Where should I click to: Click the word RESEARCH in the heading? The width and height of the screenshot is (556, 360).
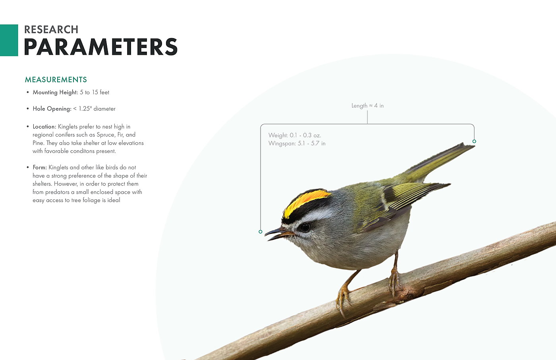pos(51,29)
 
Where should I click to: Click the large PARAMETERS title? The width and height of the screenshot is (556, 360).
pos(101,46)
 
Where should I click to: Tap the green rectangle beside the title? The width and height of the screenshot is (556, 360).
pos(9,40)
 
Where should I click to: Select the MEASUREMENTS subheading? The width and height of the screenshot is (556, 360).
pos(56,80)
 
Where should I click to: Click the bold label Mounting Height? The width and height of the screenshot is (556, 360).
pos(55,92)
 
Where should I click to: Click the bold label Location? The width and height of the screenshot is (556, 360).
pos(44,127)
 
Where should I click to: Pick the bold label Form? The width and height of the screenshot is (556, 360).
pos(40,167)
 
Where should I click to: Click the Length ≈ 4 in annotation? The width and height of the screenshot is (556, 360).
pos(368,106)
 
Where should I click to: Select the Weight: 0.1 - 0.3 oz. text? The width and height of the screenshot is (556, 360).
pos(295,135)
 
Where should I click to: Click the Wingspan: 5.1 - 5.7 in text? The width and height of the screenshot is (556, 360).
pos(297,143)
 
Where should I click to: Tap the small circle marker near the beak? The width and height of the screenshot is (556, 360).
pos(261,232)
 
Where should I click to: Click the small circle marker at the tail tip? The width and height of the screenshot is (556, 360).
pos(474,141)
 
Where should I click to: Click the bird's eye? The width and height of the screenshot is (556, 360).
pos(305,227)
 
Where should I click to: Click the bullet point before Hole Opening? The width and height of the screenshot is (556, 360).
pos(27,109)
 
